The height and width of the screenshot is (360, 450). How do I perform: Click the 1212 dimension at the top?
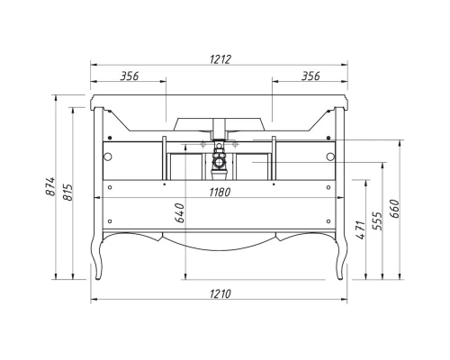tap(219, 59)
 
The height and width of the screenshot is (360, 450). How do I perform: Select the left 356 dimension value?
tap(129, 76)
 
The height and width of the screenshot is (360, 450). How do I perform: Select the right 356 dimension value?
tap(311, 76)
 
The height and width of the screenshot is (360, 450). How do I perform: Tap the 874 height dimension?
tap(52, 186)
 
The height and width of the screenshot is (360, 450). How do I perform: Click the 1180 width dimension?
tap(219, 192)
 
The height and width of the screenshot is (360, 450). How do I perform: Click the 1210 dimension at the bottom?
tap(219, 294)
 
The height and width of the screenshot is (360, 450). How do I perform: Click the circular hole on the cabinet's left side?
tap(108, 157)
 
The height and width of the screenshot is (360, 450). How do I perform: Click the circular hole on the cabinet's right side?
tap(330, 157)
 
